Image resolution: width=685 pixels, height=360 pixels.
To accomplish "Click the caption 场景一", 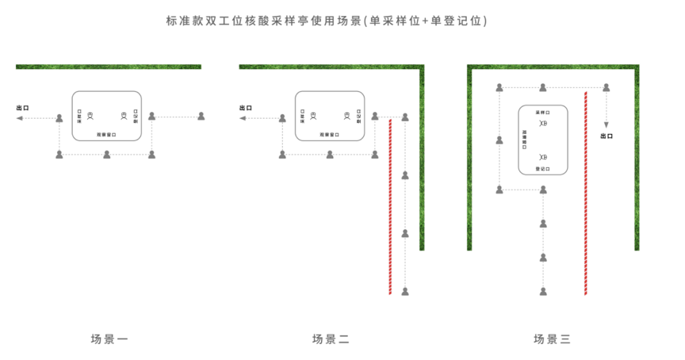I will tap(109, 339).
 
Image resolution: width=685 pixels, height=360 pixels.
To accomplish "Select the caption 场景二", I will tap(331, 339).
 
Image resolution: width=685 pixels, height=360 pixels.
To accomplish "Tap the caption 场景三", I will tap(552, 339).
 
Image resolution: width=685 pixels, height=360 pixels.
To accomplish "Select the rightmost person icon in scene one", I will tap(201, 117).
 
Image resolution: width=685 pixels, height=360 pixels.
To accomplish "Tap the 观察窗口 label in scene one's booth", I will tap(107, 135).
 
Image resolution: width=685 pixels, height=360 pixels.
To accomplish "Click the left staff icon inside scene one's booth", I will tap(90, 117).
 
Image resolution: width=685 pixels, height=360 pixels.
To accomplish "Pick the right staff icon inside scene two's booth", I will tap(347, 117).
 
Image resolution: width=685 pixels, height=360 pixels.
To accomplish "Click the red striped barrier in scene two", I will tap(390, 206).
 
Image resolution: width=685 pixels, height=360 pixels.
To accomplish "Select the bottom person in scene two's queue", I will tap(405, 291).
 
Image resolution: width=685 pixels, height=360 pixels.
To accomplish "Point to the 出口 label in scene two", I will tap(246, 107).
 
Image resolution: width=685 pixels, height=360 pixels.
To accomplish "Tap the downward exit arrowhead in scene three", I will tap(607, 124).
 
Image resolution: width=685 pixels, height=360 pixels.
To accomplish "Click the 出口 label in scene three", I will tap(607, 136).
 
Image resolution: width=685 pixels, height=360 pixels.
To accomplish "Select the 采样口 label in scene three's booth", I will tap(543, 113).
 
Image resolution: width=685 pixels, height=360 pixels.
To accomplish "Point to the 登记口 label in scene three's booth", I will tap(543, 169).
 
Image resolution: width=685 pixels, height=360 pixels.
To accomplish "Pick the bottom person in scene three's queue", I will tap(543, 291).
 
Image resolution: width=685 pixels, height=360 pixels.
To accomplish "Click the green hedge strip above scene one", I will tap(109, 67).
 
